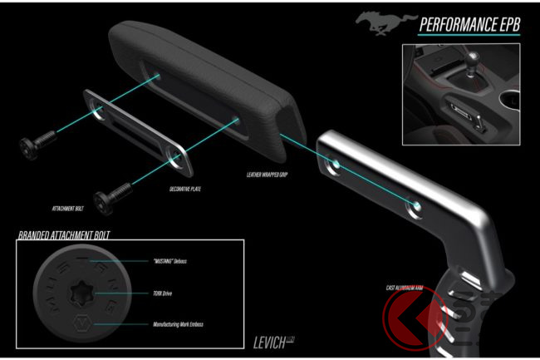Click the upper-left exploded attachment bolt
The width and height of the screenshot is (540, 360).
[36, 145]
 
